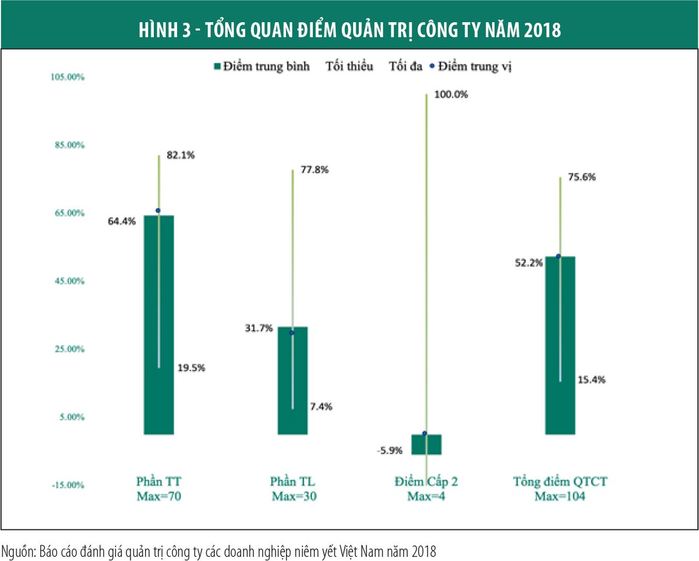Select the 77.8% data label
tap(315, 170)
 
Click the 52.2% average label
tap(528, 262)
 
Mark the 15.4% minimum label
tap(592, 379)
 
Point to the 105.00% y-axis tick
tap(69, 77)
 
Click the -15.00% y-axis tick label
tap(69, 485)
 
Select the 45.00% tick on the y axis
tap(70, 281)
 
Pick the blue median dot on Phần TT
tap(158, 211)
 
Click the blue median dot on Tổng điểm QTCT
tap(558, 257)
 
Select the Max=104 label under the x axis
tap(560, 497)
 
